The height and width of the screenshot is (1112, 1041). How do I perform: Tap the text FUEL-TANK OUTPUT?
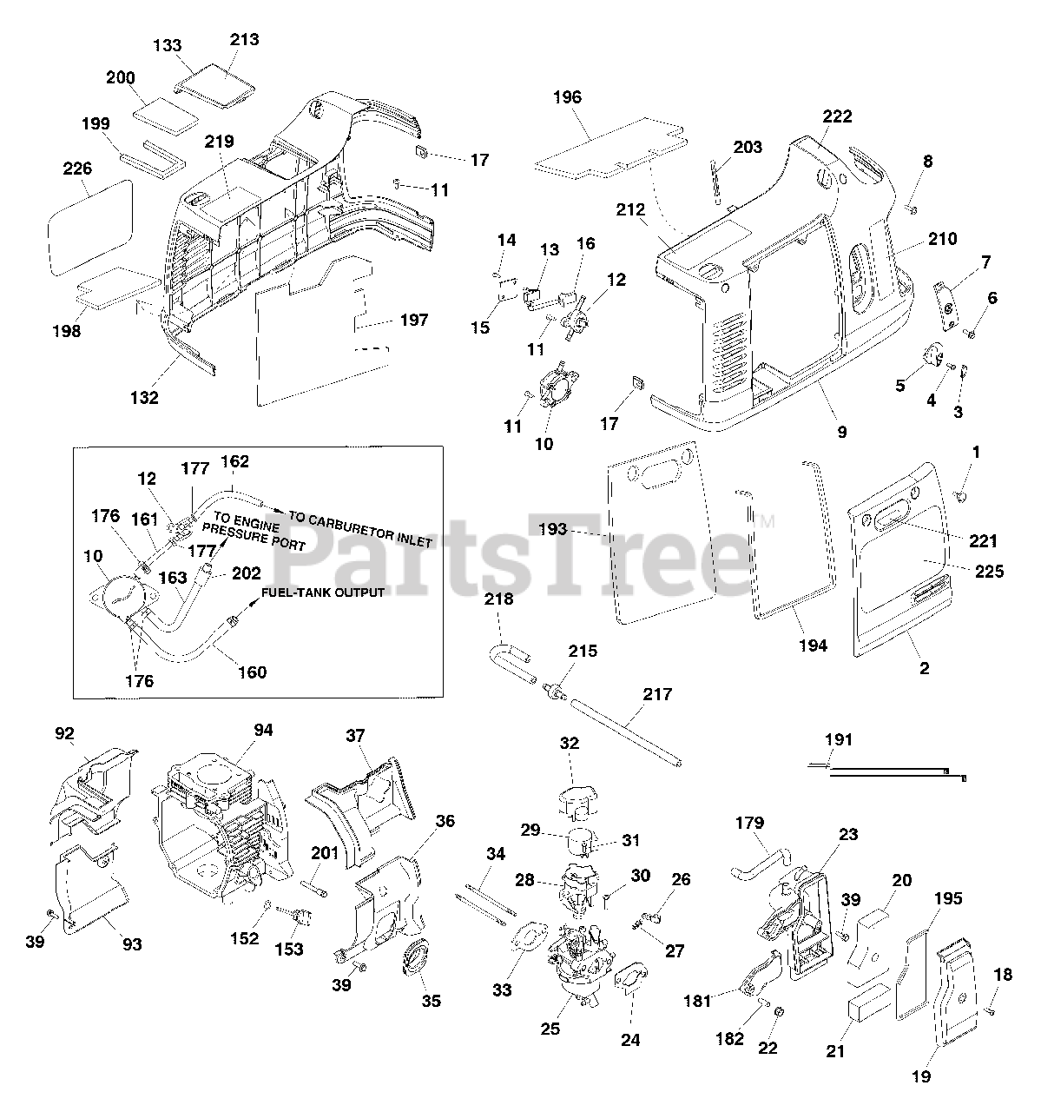[x=324, y=593]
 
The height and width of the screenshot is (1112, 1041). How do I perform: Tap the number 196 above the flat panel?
[x=567, y=97]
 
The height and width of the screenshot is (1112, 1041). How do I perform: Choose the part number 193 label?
[x=552, y=529]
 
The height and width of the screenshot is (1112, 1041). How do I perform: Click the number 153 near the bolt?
[x=289, y=950]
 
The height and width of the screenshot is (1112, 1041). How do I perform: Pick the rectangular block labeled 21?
[x=869, y=1016]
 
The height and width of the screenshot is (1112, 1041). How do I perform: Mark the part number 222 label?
[x=838, y=116]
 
